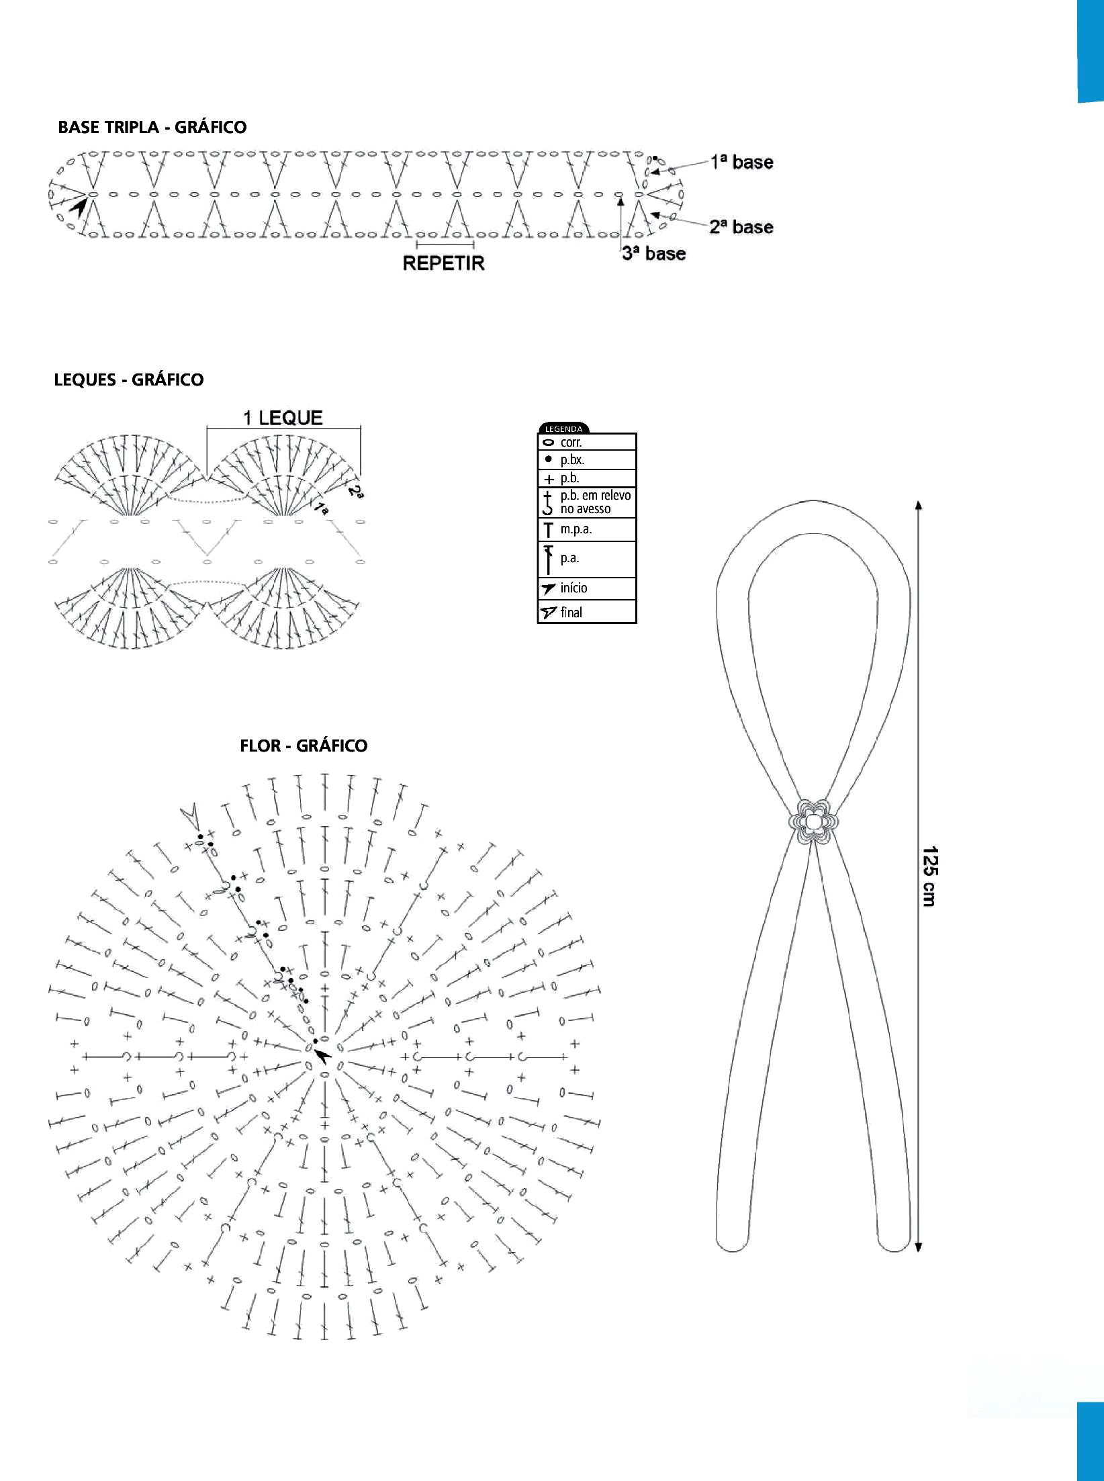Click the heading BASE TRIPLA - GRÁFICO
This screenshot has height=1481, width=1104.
(152, 127)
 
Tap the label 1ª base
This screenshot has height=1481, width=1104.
(742, 162)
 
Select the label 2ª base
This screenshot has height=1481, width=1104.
(741, 227)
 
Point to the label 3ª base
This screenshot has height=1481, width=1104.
(653, 253)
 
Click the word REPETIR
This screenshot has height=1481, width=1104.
(443, 263)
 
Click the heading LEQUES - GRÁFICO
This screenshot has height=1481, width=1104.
(128, 379)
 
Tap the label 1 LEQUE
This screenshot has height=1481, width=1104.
(283, 418)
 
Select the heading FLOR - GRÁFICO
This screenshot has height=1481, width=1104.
(304, 746)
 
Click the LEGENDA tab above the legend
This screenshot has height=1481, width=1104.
(563, 429)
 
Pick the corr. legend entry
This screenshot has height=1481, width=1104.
(587, 442)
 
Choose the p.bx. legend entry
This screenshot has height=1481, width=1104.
(587, 460)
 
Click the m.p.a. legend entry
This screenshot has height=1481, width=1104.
(587, 529)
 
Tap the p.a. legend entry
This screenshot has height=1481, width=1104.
(587, 559)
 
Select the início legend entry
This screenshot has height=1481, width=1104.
(587, 588)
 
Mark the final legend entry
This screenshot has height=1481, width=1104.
(587, 612)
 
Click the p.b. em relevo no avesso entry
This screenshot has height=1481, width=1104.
(587, 502)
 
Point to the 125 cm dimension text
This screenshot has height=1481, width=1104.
(930, 876)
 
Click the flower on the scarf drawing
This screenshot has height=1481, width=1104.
(813, 821)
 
